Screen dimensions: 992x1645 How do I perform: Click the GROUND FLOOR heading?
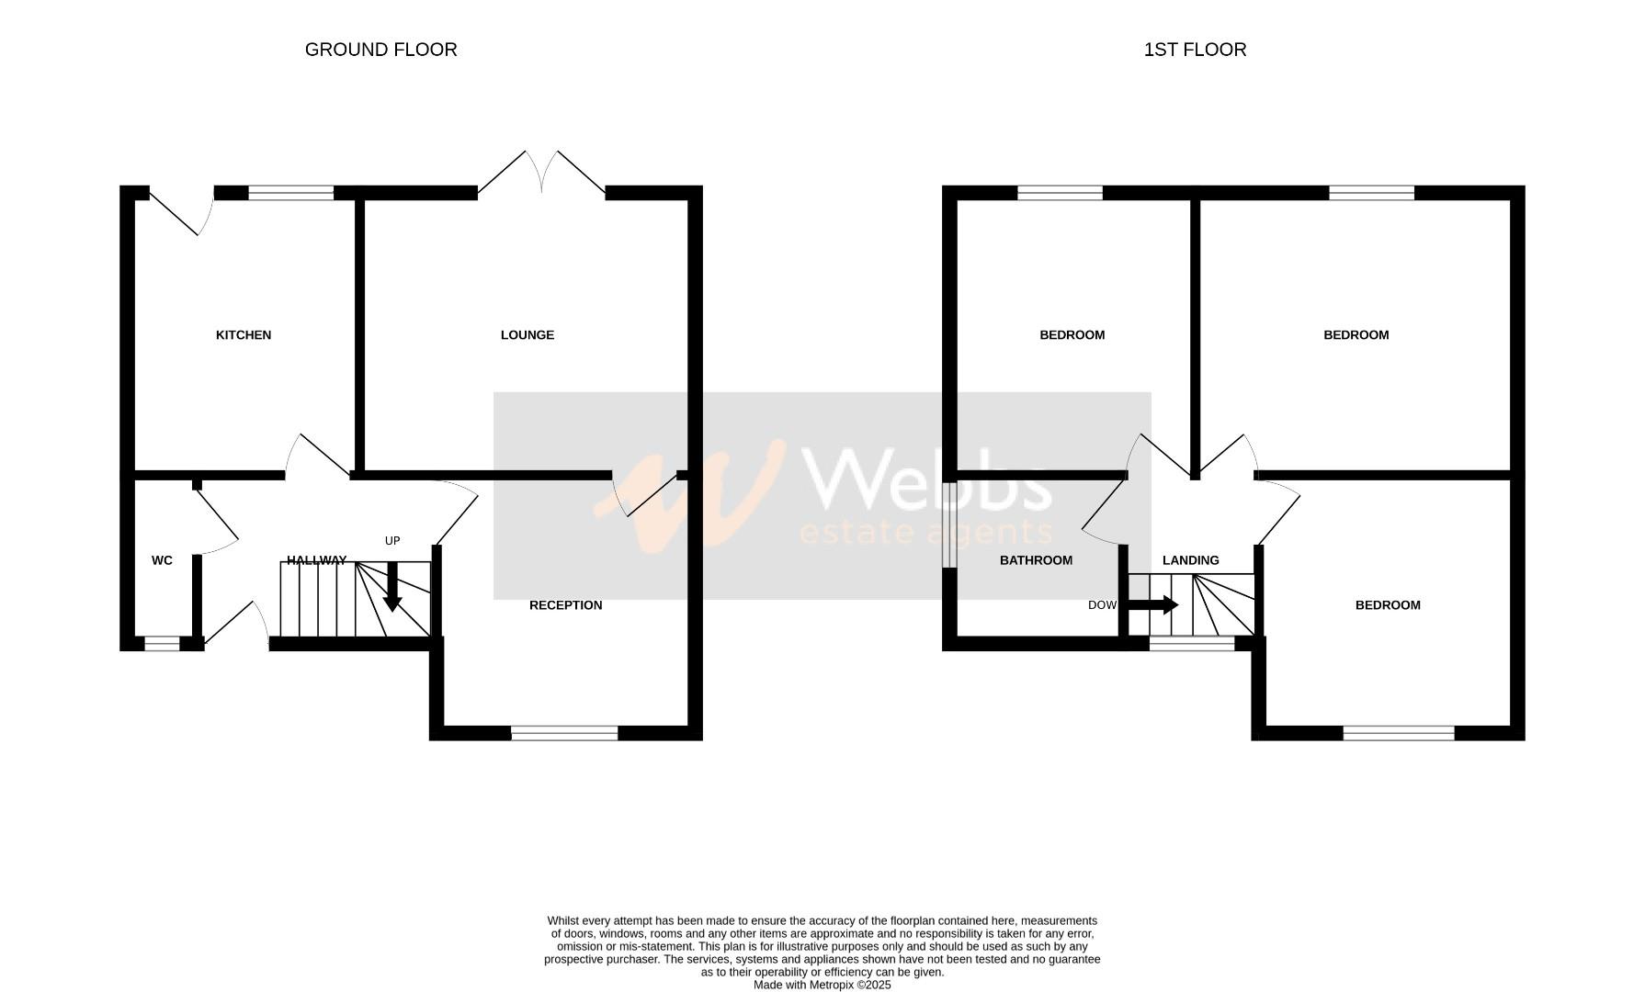click(x=380, y=50)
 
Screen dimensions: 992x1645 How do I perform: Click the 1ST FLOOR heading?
click(x=1195, y=50)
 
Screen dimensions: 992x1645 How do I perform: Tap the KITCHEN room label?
click(x=244, y=335)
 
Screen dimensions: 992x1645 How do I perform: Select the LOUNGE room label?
click(x=528, y=335)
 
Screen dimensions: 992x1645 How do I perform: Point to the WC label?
click(x=162, y=560)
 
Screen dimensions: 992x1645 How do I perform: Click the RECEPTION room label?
click(x=566, y=605)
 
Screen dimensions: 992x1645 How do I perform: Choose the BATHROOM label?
click(x=1036, y=560)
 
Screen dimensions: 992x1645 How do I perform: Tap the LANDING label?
click(x=1191, y=560)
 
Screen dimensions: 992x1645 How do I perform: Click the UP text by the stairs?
click(x=392, y=541)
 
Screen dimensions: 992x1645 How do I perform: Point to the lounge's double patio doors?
click(x=542, y=175)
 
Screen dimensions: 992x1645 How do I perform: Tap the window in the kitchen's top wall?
click(x=291, y=193)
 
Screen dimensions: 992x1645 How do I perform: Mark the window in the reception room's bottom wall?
click(x=564, y=733)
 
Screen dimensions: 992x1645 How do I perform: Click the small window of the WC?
click(x=163, y=645)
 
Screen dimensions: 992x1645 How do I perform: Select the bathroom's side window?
click(x=949, y=524)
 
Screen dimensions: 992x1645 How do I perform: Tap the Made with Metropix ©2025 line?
click(x=822, y=985)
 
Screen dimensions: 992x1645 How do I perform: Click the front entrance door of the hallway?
click(x=236, y=625)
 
